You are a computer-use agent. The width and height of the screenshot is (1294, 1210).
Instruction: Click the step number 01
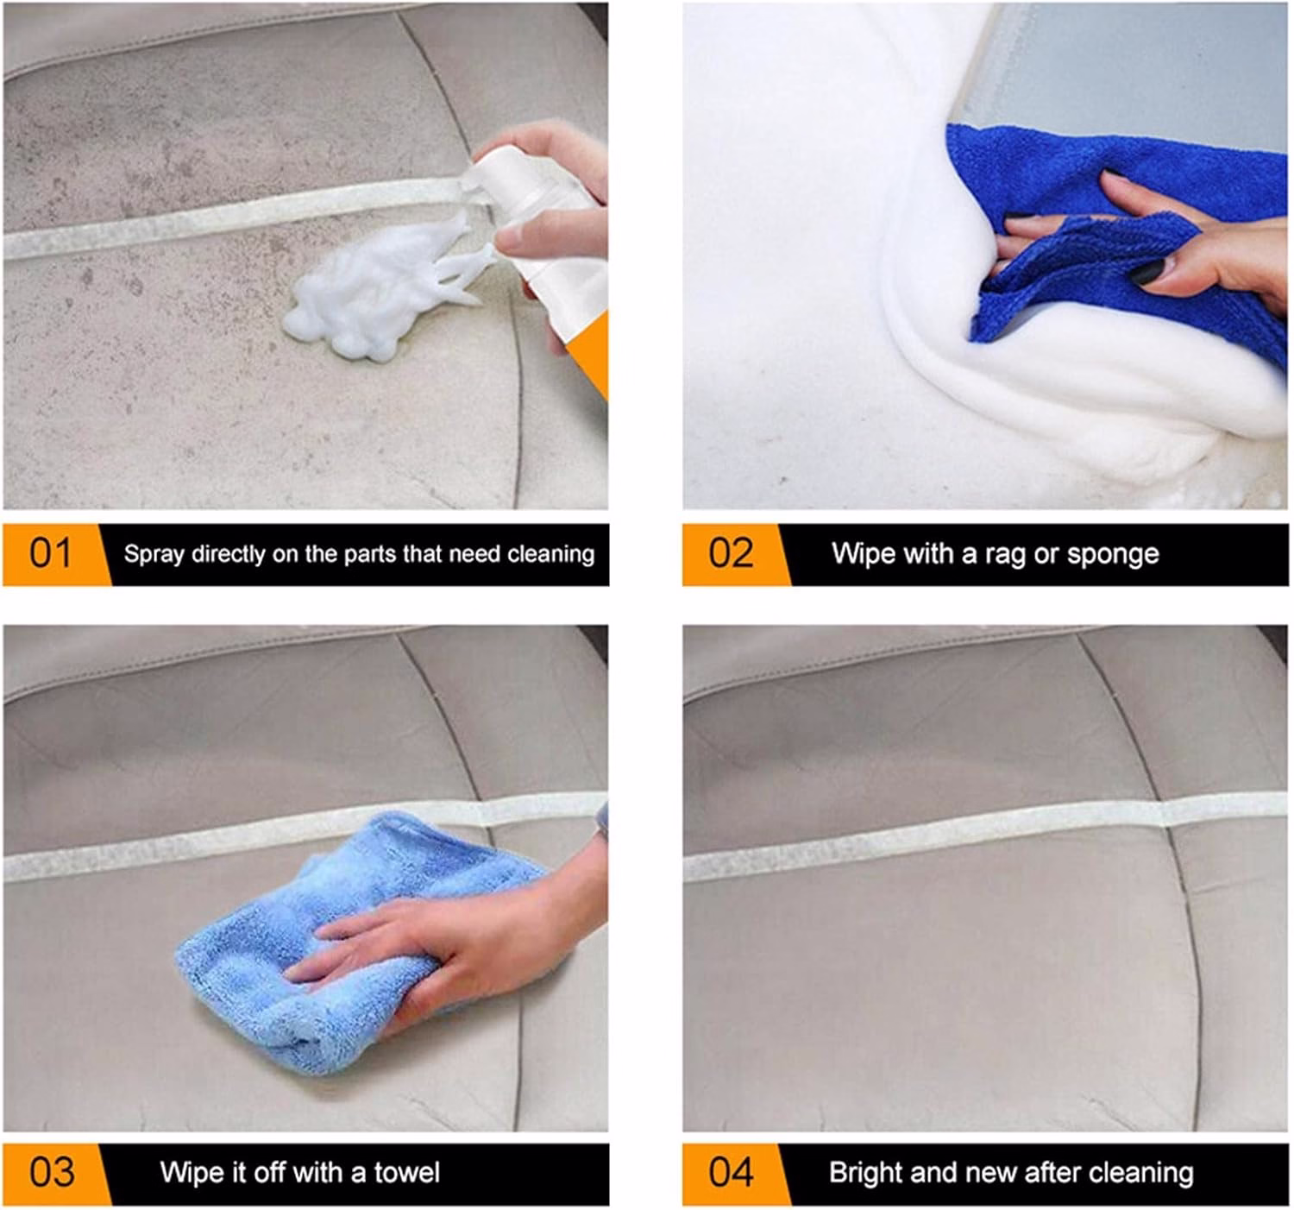tap(50, 553)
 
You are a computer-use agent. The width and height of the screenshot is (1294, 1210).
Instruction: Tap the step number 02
tap(730, 553)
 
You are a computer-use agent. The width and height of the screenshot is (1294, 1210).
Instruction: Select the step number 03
tap(52, 1172)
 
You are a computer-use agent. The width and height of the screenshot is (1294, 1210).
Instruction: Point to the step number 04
tap(732, 1172)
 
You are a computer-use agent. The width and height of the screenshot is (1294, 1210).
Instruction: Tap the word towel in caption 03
tap(406, 1173)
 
